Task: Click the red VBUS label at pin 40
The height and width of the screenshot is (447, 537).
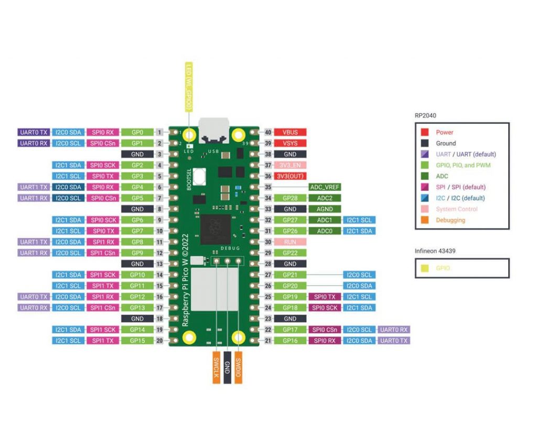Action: [290, 133]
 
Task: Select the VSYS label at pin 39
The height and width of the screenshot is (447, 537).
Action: [290, 144]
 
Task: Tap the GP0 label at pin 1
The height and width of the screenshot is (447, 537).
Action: [137, 133]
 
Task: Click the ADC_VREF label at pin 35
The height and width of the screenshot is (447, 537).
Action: [325, 187]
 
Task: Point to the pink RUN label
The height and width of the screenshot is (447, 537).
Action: [290, 242]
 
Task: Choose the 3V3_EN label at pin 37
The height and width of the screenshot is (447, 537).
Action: [290, 166]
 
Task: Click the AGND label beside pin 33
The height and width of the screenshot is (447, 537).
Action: [325, 209]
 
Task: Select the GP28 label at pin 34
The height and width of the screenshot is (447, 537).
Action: [290, 198]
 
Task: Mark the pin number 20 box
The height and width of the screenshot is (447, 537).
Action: [159, 341]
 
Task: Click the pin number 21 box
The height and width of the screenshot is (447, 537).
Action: [268, 341]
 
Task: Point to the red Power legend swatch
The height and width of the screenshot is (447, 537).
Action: [425, 133]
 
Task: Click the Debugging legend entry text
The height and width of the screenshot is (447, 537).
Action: [450, 220]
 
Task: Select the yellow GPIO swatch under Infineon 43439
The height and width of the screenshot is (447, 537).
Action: [425, 268]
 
